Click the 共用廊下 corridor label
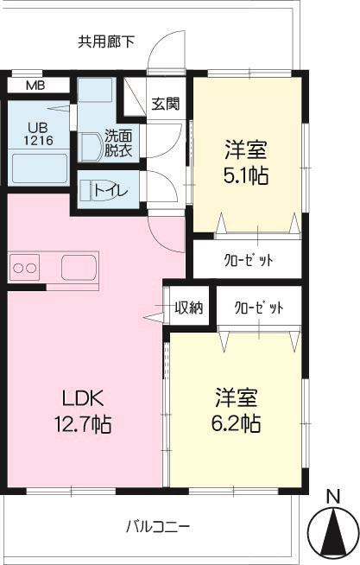tap(106, 40)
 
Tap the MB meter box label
tap(35, 86)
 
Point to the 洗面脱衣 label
tap(118, 142)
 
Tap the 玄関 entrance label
tap(165, 105)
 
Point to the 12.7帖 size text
tap(82, 424)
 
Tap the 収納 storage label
tap(188, 308)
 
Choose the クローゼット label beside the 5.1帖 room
tap(249, 260)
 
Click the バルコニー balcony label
tap(157, 525)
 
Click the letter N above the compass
tap(332, 496)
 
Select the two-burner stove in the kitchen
tap(25, 267)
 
